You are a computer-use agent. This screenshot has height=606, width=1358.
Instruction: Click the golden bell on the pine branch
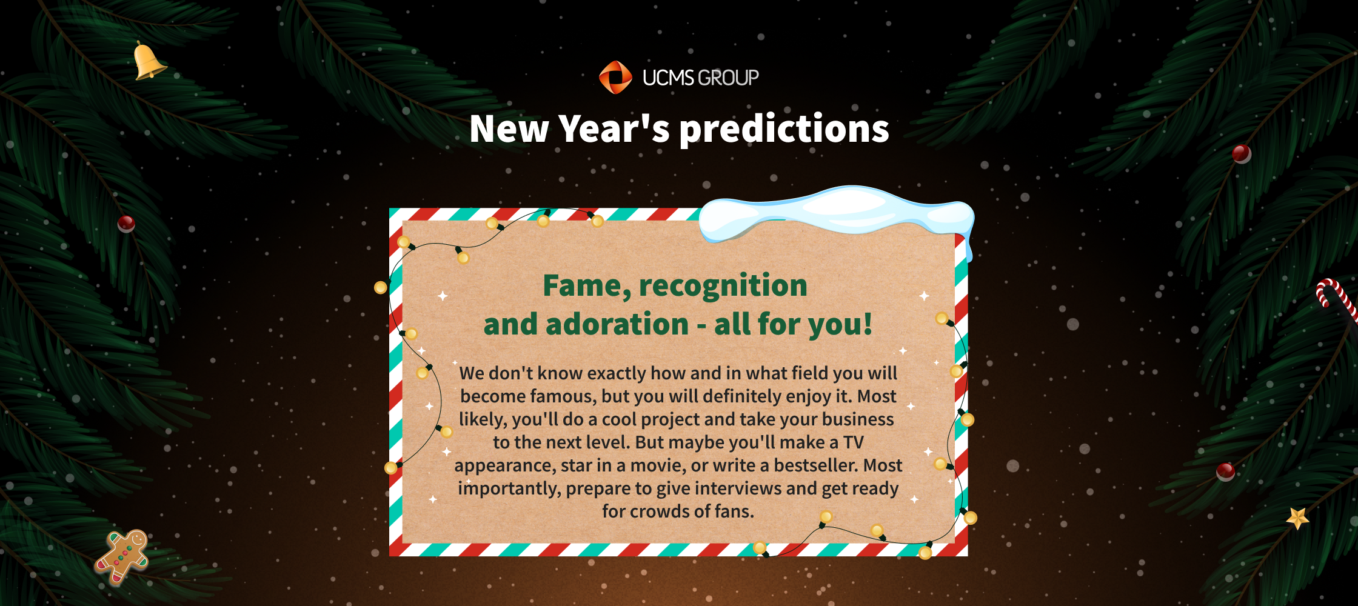click(x=148, y=61)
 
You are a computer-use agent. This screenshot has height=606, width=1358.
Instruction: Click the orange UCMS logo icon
click(x=615, y=78)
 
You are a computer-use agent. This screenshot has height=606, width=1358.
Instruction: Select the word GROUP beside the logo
click(x=729, y=78)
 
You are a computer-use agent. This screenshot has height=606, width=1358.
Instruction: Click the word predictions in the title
click(x=784, y=129)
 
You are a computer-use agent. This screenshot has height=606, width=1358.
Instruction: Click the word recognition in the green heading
click(x=723, y=286)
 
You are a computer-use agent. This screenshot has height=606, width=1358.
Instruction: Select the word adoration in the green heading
click(x=617, y=324)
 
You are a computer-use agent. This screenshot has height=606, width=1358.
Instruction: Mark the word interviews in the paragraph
click(x=740, y=488)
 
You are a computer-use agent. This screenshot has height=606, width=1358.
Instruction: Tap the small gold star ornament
click(x=1297, y=518)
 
